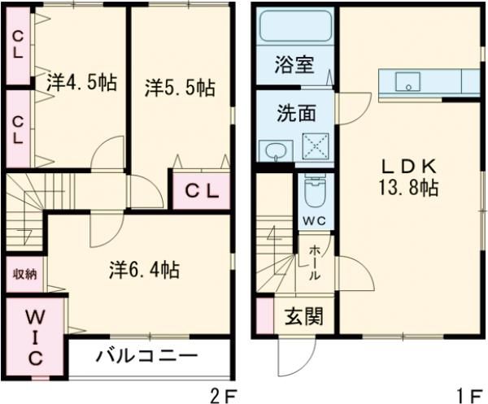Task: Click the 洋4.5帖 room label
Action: pyautogui.click(x=79, y=82)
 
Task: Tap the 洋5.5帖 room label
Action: pyautogui.click(x=180, y=87)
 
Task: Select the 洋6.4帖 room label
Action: pyautogui.click(x=145, y=268)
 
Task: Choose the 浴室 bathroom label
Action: pyautogui.click(x=294, y=66)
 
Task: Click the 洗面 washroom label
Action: pyautogui.click(x=294, y=113)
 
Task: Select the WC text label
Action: pyautogui.click(x=313, y=219)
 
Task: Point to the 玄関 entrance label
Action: pyautogui.click(x=303, y=316)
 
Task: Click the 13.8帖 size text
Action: pyautogui.click(x=408, y=189)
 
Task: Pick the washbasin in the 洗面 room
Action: pyautogui.click(x=277, y=150)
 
